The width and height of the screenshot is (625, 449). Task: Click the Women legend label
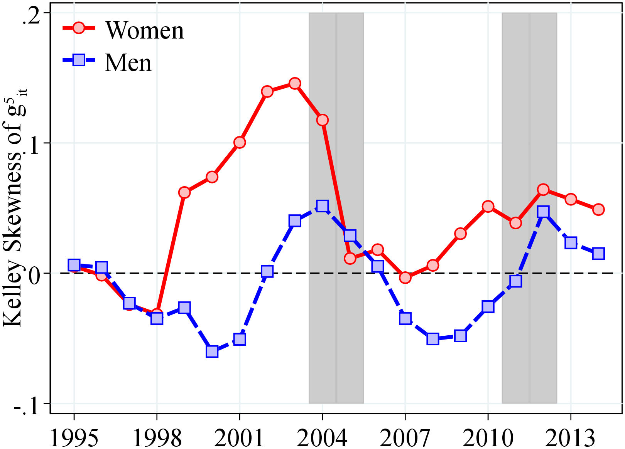point(145,30)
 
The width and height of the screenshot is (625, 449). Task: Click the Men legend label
point(128,63)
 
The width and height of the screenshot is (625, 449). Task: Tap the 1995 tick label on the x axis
point(74,438)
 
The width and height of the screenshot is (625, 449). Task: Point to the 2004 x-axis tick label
point(322,438)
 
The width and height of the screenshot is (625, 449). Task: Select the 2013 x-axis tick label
point(570,438)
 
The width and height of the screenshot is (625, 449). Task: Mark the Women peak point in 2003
point(295,84)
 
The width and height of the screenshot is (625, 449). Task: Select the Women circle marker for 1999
point(184,192)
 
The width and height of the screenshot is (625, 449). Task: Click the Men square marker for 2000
point(212,351)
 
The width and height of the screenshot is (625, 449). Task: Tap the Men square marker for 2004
point(322,206)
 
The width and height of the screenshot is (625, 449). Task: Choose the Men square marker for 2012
point(543,212)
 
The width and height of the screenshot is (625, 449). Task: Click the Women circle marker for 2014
point(598,210)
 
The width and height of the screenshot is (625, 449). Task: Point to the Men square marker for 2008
point(433,339)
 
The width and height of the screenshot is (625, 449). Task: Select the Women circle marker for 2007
point(405,277)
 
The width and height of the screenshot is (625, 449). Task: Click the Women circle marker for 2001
point(240,143)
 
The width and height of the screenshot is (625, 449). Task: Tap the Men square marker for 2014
point(598,254)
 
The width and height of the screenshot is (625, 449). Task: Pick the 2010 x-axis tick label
point(488,438)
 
